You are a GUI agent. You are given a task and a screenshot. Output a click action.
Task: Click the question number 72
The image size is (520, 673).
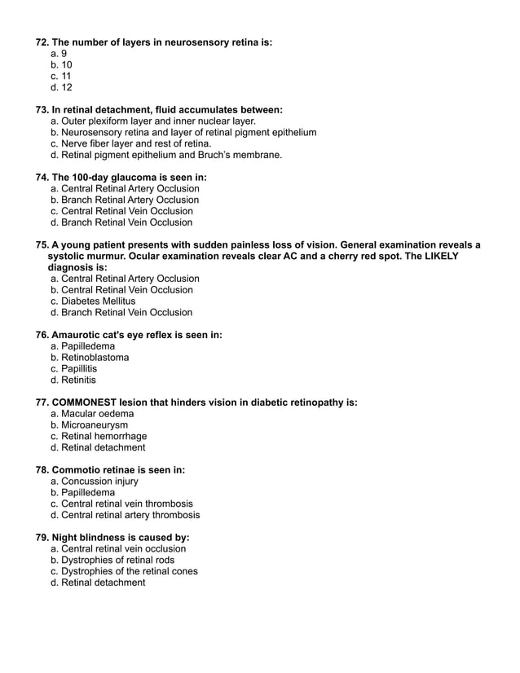42,42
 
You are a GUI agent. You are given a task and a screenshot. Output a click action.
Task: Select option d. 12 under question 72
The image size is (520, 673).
61,87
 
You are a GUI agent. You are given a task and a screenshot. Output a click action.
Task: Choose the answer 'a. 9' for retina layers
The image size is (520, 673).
58,53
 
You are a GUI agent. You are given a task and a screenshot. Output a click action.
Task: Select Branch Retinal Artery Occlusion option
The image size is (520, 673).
124,200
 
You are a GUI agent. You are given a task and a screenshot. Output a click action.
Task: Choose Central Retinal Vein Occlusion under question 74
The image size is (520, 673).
121,211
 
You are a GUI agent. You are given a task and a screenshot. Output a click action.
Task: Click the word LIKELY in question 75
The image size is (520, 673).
440,256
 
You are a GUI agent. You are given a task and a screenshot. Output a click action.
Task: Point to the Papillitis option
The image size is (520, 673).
78,368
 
